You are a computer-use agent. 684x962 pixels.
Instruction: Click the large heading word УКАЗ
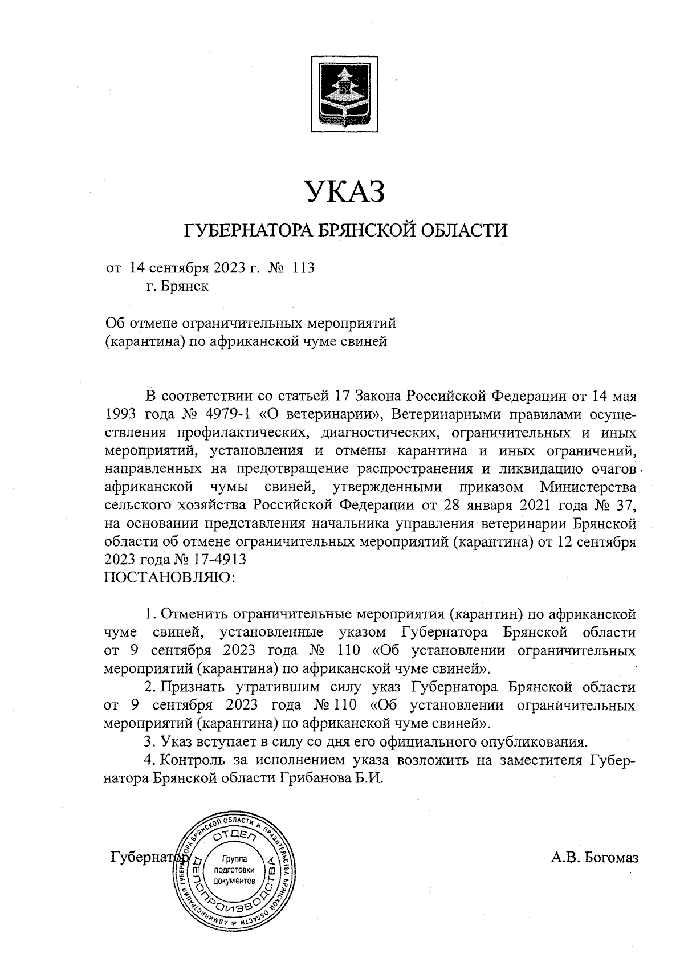343,192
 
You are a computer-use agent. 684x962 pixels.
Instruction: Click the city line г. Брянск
177,286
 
